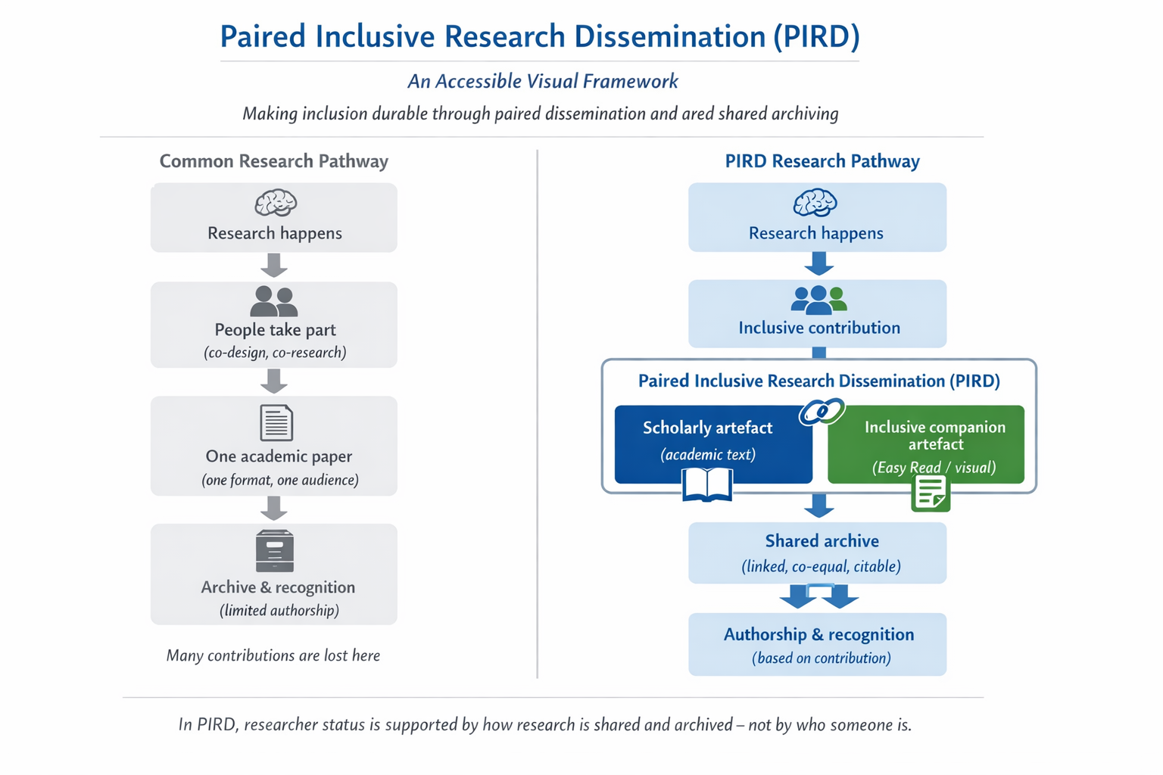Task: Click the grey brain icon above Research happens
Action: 275,203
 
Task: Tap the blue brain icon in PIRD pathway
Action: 815,203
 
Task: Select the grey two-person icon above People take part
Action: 274,301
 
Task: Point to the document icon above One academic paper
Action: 276,422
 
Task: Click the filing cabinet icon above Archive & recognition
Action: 275,550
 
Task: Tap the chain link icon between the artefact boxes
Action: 821,412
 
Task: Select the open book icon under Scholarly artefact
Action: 707,484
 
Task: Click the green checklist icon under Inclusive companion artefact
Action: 931,493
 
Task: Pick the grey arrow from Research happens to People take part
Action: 274,266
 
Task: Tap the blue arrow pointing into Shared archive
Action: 818,505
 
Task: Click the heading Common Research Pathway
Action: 273,161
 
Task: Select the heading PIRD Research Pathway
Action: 822,161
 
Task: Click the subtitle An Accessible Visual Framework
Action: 543,81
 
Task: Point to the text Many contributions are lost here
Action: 273,655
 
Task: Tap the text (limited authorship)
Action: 279,610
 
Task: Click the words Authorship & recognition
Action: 818,634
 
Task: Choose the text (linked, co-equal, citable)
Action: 821,566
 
